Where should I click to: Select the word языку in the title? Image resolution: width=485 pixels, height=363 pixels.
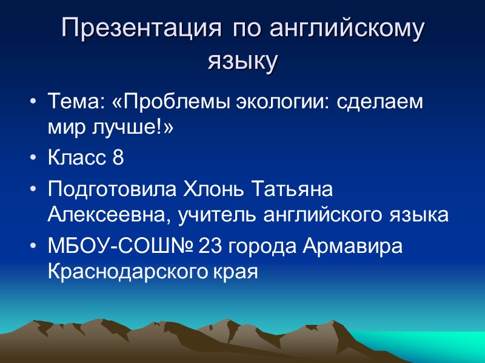tap(242, 61)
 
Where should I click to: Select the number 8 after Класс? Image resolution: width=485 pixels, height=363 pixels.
tap(118, 159)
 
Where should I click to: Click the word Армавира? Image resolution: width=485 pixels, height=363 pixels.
tap(350, 247)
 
